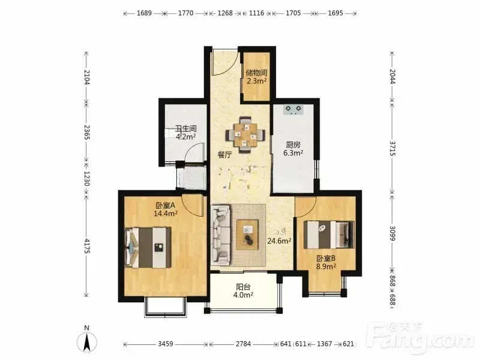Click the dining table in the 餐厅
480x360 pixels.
pyautogui.click(x=245, y=134)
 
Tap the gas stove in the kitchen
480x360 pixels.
pyautogui.click(x=293, y=109)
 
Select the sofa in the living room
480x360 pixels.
pyautogui.click(x=221, y=235)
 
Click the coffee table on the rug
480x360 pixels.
pyautogui.click(x=247, y=235)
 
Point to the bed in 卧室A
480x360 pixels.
pyautogui.click(x=148, y=247)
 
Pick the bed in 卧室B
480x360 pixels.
pyautogui.click(x=329, y=235)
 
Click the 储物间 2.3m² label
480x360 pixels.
pyautogui.click(x=257, y=77)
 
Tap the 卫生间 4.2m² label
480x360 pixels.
pyautogui.click(x=185, y=133)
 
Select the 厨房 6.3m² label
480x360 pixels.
pyautogui.click(x=293, y=148)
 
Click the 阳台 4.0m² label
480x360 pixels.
pyautogui.click(x=243, y=291)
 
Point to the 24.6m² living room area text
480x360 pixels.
pyautogui.click(x=279, y=241)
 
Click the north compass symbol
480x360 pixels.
pyautogui.click(x=87, y=340)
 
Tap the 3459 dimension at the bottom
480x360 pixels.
pyautogui.click(x=166, y=344)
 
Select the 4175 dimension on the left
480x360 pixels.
pyautogui.click(x=86, y=246)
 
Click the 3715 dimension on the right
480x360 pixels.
pyautogui.click(x=392, y=147)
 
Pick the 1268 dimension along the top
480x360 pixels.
pyautogui.click(x=225, y=13)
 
